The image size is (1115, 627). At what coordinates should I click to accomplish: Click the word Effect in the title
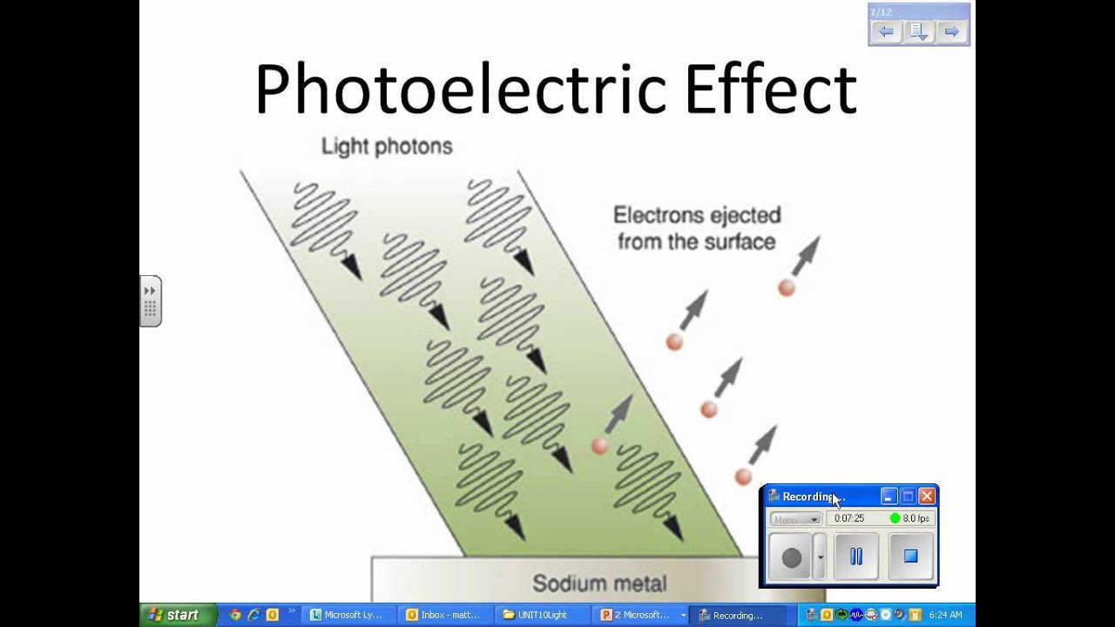[x=770, y=89]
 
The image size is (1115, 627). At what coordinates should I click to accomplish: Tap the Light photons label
[x=387, y=146]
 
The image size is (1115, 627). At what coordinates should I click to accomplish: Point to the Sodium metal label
[x=599, y=583]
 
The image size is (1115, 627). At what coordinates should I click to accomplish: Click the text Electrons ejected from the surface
[x=697, y=228]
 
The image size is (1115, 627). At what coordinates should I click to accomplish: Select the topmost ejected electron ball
[x=787, y=288]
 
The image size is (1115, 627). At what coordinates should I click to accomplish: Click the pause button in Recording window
[x=855, y=556]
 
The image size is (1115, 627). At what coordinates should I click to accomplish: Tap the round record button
[x=791, y=557]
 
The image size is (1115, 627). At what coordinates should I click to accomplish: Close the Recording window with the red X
[x=927, y=496]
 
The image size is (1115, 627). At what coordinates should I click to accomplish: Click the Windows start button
[x=174, y=615]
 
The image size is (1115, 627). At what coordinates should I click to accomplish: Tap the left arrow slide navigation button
[x=886, y=32]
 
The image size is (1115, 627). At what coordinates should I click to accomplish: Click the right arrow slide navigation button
[x=951, y=32]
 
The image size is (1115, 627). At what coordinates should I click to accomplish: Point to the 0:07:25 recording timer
[x=849, y=518]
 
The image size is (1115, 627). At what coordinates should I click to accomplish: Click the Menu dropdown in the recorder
[x=795, y=519]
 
